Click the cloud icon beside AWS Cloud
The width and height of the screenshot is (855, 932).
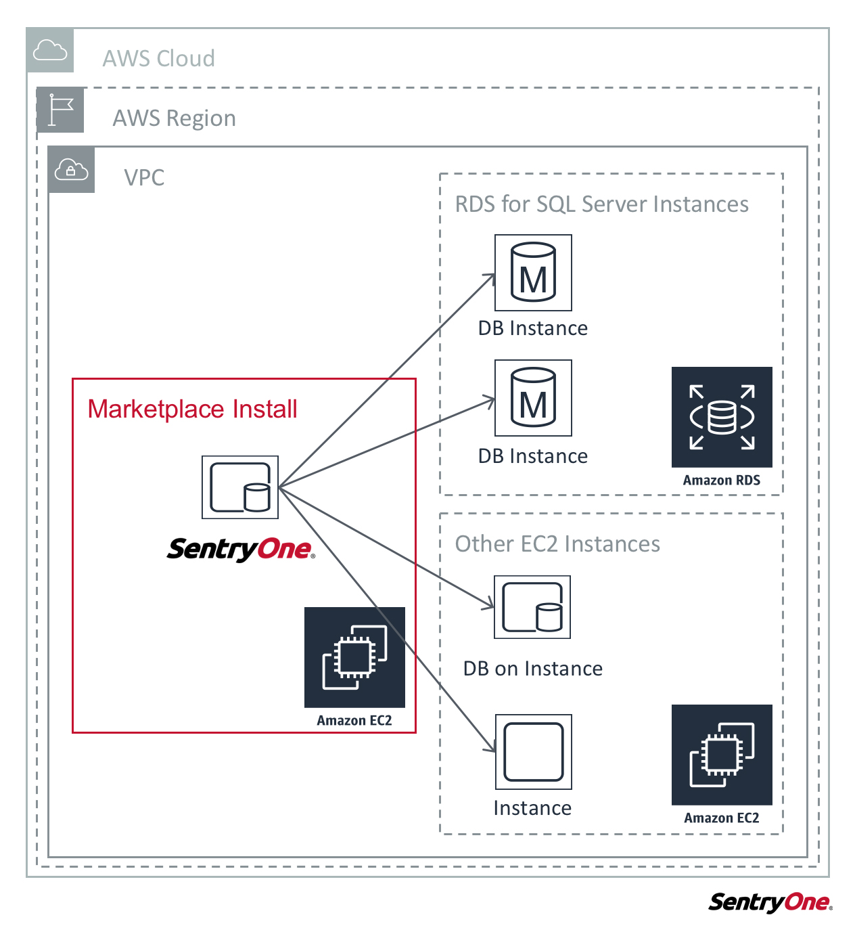point(50,51)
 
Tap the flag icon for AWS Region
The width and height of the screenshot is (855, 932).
point(61,110)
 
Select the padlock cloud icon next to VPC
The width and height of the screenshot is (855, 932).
point(72,170)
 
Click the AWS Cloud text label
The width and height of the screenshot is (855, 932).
point(158,59)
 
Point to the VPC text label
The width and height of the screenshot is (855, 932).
point(144,178)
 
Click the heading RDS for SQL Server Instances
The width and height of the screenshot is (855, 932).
point(601,204)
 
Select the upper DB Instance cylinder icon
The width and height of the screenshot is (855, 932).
point(533,273)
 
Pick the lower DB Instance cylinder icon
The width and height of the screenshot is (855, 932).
point(533,398)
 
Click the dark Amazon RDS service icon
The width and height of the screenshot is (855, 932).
point(721,417)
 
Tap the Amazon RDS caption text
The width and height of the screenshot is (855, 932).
point(721,481)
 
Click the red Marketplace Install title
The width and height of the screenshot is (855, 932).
point(192,409)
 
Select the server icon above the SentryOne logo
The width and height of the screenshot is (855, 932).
point(240,487)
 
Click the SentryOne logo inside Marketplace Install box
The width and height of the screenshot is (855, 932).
point(240,549)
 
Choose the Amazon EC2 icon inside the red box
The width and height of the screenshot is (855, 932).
point(354,657)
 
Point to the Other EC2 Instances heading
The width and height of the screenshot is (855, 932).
point(557,544)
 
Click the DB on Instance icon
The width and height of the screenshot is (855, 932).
point(532,607)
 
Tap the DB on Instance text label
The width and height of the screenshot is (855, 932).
point(532,669)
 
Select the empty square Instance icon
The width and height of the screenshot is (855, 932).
point(533,752)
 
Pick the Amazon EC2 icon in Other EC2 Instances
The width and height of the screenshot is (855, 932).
point(721,755)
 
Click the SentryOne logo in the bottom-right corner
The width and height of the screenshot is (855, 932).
point(770,902)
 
